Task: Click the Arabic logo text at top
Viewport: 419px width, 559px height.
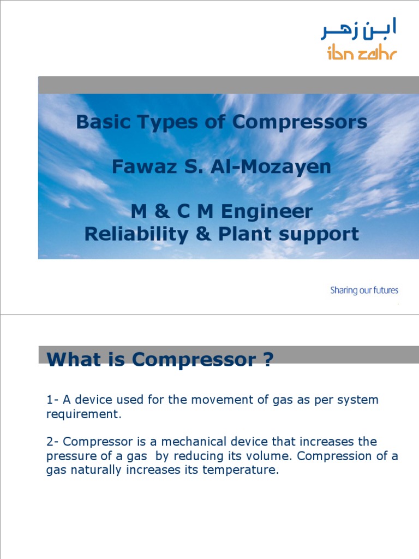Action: click(358, 29)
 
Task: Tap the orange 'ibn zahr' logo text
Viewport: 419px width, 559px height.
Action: click(362, 53)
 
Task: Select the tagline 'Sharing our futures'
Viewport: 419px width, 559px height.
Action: click(364, 290)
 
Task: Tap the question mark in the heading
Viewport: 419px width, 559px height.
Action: click(267, 360)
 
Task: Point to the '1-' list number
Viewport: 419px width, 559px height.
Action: click(52, 400)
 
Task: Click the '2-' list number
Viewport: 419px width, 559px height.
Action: click(52, 441)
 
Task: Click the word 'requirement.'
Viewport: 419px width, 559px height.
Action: click(82, 414)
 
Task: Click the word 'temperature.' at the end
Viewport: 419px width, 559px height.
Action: click(241, 469)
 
